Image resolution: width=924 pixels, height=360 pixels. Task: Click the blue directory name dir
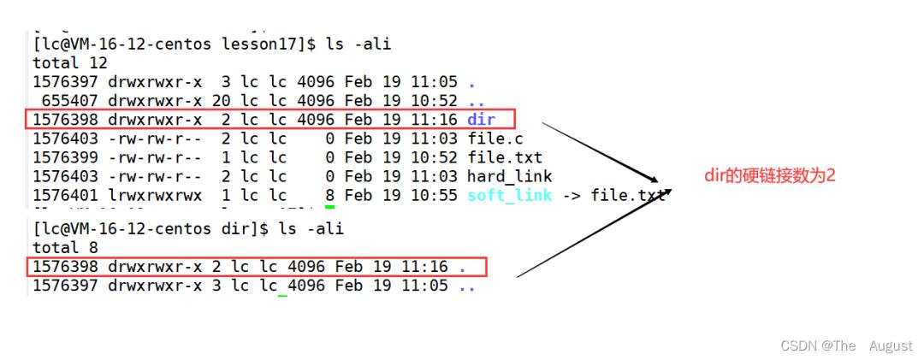point(481,120)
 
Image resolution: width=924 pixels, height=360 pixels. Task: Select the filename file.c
point(495,139)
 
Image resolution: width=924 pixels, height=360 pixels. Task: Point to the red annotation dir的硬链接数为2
point(770,175)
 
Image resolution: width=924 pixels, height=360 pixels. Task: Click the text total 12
point(70,63)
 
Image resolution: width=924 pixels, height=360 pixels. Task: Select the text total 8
point(65,247)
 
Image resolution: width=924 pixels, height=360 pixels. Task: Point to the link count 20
point(221,101)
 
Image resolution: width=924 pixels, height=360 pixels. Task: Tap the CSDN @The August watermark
point(846,345)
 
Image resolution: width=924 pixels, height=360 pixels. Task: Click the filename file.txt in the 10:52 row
point(505,157)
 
